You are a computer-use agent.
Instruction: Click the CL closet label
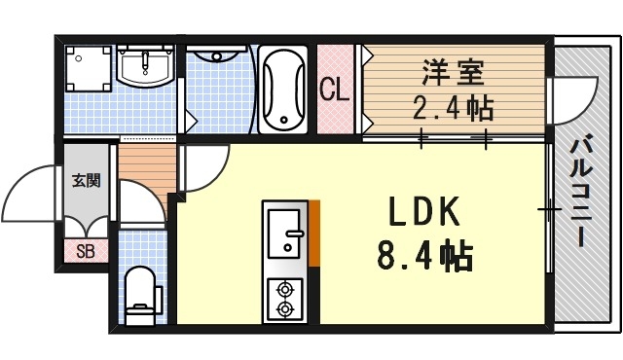point(335,91)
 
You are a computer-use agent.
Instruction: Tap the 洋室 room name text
point(452,72)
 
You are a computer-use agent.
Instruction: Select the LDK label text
point(423,214)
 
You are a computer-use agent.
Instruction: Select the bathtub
point(284,89)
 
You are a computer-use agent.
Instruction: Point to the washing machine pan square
point(88,71)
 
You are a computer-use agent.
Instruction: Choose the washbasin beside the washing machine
point(146,67)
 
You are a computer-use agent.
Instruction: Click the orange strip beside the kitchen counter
point(314,230)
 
